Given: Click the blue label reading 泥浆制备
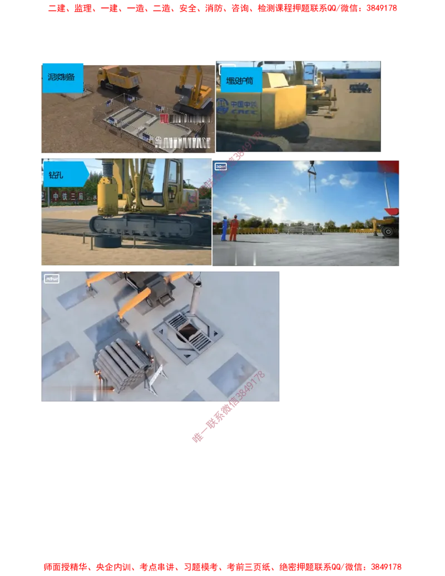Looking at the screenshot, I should [x=62, y=77].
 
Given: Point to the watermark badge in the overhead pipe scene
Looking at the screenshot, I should [x=51, y=279].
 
